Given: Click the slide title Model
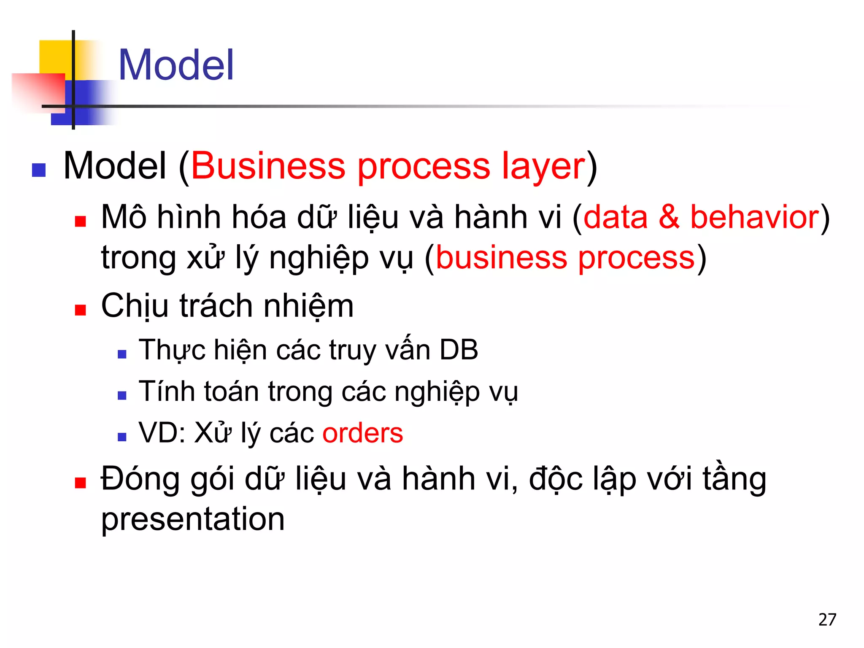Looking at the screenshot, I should coord(176,65).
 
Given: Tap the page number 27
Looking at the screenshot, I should coord(827,620).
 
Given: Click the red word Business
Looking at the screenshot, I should coord(268,166).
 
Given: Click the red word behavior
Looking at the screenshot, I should coord(754,217).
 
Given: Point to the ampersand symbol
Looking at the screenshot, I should coord(669,217).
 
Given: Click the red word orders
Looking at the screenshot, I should coord(363,433).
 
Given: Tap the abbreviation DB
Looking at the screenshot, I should coord(459,350).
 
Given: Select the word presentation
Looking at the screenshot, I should coord(193,519).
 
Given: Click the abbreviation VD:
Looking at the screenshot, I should coord(162,433).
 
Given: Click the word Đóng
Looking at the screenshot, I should coord(140,480).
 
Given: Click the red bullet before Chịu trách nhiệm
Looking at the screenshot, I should coord(80,310).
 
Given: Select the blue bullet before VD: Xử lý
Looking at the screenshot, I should coord(122,437).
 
